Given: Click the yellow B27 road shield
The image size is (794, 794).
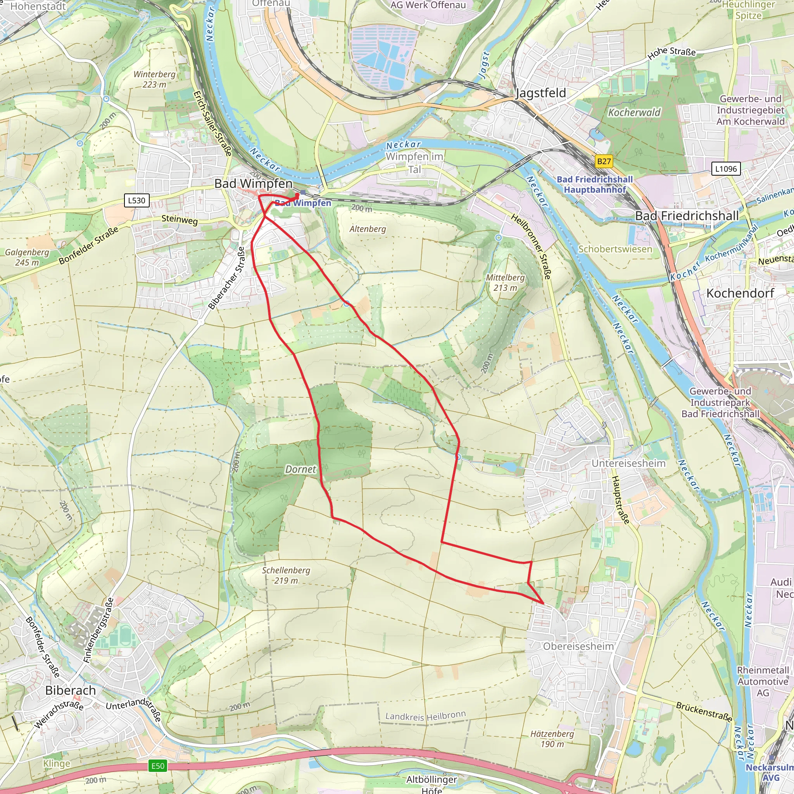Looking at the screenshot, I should click(x=604, y=161).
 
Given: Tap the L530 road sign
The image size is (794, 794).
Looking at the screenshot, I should click(x=136, y=200).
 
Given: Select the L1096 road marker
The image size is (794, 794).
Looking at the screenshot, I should click(x=726, y=169).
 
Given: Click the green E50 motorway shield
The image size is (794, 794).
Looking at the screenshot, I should click(x=158, y=766).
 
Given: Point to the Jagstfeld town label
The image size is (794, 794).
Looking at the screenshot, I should click(x=540, y=93).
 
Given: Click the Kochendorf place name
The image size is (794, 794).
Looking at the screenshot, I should click(x=740, y=293).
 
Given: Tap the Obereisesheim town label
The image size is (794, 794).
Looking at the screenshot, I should click(x=578, y=646).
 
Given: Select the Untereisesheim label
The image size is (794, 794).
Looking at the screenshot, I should click(x=628, y=463).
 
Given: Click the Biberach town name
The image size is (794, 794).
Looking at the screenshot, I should click(x=70, y=690).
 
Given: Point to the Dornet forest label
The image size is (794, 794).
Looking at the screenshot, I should click(x=300, y=469).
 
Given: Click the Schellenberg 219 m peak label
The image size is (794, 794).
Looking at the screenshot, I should click(x=286, y=575).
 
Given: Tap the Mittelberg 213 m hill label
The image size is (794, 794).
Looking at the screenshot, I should click(x=505, y=283).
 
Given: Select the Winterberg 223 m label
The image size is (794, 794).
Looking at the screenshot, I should click(x=155, y=79).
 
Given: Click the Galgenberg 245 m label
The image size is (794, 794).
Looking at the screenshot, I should click(x=27, y=257).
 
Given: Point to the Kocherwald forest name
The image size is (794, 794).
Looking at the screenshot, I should click(x=634, y=112).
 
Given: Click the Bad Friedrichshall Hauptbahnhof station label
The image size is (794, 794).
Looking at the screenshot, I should click(x=594, y=185).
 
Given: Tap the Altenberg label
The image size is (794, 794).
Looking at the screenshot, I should click(x=368, y=229).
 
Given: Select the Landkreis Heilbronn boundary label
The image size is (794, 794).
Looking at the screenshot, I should click(x=425, y=716).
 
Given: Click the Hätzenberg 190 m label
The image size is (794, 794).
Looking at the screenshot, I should click(x=552, y=739).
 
